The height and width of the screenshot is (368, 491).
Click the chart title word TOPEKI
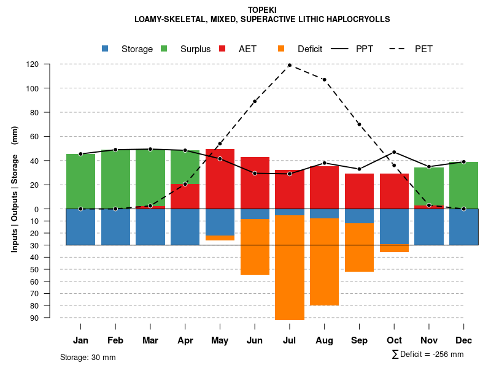coord(263,10)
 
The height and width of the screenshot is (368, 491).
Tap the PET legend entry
coord(423,49)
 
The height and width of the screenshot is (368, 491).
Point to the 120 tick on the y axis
coord(33,64)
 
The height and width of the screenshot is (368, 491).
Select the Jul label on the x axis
coord(290,340)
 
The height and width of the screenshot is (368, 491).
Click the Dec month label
coord(463,340)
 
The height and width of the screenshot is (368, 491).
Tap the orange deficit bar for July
coord(290,267)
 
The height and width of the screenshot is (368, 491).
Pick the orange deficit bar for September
coord(359,247)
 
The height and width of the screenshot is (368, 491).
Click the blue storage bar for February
coord(115,227)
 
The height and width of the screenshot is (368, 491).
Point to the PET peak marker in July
coord(290,65)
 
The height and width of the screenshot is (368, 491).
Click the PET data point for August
coord(324,80)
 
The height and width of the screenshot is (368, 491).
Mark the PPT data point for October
coord(394,152)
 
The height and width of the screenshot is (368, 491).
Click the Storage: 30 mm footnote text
coord(88,357)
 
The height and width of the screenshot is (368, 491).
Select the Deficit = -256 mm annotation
coord(428,355)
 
